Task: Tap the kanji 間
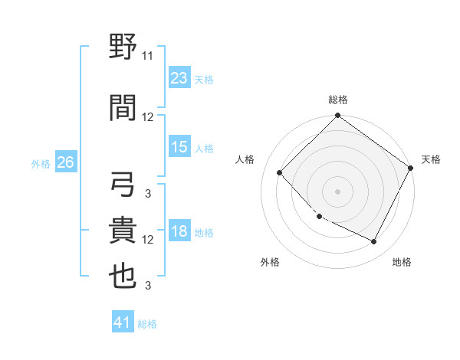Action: [x=123, y=106]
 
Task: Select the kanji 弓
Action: [x=123, y=184]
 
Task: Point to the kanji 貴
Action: [x=123, y=230]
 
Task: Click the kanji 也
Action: [x=123, y=277]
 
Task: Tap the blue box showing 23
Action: [x=179, y=78]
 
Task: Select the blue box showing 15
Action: [x=179, y=147]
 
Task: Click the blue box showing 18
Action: [x=179, y=232]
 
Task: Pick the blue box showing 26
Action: [x=65, y=163]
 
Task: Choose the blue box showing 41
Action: [x=123, y=322]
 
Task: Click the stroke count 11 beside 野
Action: [x=148, y=56]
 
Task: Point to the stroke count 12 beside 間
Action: [x=148, y=117]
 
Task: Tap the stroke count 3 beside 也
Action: [x=148, y=286]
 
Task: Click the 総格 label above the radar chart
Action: [x=337, y=100]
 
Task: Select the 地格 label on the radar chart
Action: [x=402, y=263]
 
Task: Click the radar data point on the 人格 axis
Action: [x=280, y=172]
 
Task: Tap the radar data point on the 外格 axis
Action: [x=320, y=217]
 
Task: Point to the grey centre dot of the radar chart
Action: [x=337, y=191]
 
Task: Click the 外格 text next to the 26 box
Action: [x=40, y=164]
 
